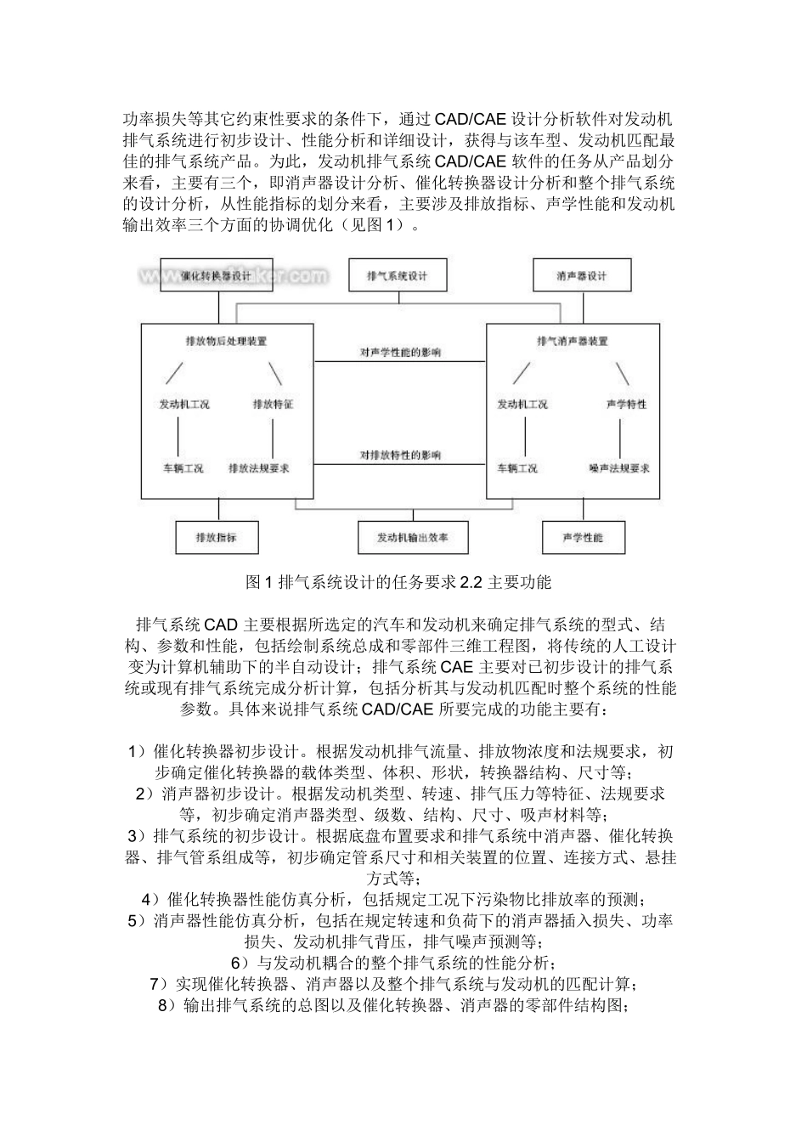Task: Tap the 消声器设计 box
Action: [x=582, y=275]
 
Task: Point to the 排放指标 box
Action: [x=216, y=537]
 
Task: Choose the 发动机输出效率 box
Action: [x=412, y=537]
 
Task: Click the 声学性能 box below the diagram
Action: [x=582, y=537]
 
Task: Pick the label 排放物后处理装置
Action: [x=226, y=342]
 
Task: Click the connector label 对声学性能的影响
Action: [x=400, y=352]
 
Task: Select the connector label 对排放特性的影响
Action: [x=400, y=455]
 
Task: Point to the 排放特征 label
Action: [x=273, y=404]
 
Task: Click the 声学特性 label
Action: [x=626, y=404]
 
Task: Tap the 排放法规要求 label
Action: [x=259, y=468]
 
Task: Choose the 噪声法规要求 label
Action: [x=619, y=468]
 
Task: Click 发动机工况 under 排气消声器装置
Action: [x=522, y=404]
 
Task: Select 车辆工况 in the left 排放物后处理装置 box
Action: [x=183, y=468]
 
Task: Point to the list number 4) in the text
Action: [x=150, y=899]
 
